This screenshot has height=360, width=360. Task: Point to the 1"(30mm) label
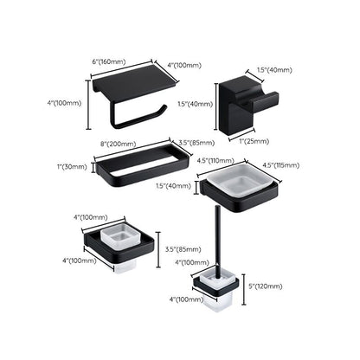click(x=72, y=166)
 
